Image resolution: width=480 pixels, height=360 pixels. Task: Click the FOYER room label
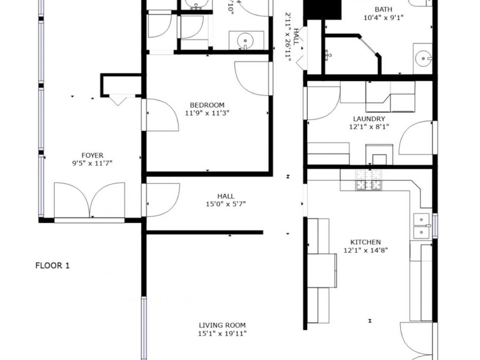pyautogui.click(x=92, y=156)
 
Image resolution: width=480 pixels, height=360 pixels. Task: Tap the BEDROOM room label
pyautogui.click(x=207, y=105)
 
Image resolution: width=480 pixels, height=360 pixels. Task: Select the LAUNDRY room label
pyautogui.click(x=369, y=119)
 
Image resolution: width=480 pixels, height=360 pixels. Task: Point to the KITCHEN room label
pyautogui.click(x=365, y=242)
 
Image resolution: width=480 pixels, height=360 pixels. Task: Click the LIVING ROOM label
pyautogui.click(x=222, y=325)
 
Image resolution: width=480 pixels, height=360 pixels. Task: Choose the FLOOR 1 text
pyautogui.click(x=52, y=266)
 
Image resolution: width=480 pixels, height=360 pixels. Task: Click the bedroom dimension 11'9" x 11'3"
pyautogui.click(x=207, y=113)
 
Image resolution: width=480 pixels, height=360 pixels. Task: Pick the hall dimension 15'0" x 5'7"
pyautogui.click(x=226, y=204)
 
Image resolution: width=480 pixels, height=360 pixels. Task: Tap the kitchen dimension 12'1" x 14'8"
pyautogui.click(x=365, y=250)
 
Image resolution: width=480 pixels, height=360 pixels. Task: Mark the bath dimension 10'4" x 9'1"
pyautogui.click(x=383, y=17)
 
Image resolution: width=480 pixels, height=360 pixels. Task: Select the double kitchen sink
pyautogui.click(x=422, y=226)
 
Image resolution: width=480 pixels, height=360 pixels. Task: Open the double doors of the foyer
pyautogui.click(x=90, y=201)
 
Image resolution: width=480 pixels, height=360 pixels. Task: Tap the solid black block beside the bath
pyautogui.click(x=322, y=9)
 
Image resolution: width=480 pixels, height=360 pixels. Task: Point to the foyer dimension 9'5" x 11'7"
pyautogui.click(x=92, y=163)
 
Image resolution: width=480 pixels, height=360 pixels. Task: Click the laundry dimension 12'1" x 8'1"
pyautogui.click(x=369, y=127)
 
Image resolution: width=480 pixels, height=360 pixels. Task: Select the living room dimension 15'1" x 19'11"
pyautogui.click(x=222, y=334)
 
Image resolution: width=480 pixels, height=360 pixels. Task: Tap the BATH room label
pyautogui.click(x=383, y=9)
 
